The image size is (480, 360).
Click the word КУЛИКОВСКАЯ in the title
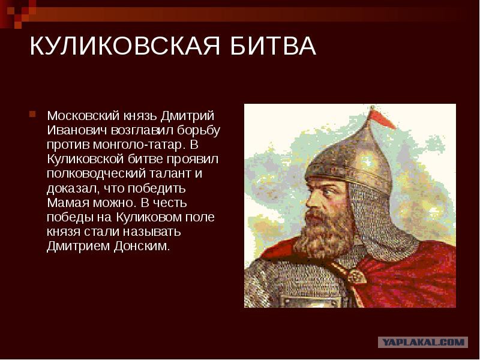(x=125, y=46)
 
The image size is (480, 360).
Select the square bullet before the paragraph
(x=32, y=115)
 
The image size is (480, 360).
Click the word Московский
(x=83, y=116)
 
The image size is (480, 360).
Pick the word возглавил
(x=143, y=131)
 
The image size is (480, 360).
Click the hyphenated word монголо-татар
(x=139, y=145)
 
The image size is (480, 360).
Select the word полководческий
(x=97, y=174)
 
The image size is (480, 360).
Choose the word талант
(x=170, y=173)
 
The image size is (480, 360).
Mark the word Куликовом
(x=148, y=217)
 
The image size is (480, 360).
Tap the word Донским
(x=142, y=247)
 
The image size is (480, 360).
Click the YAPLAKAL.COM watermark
(x=423, y=342)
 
